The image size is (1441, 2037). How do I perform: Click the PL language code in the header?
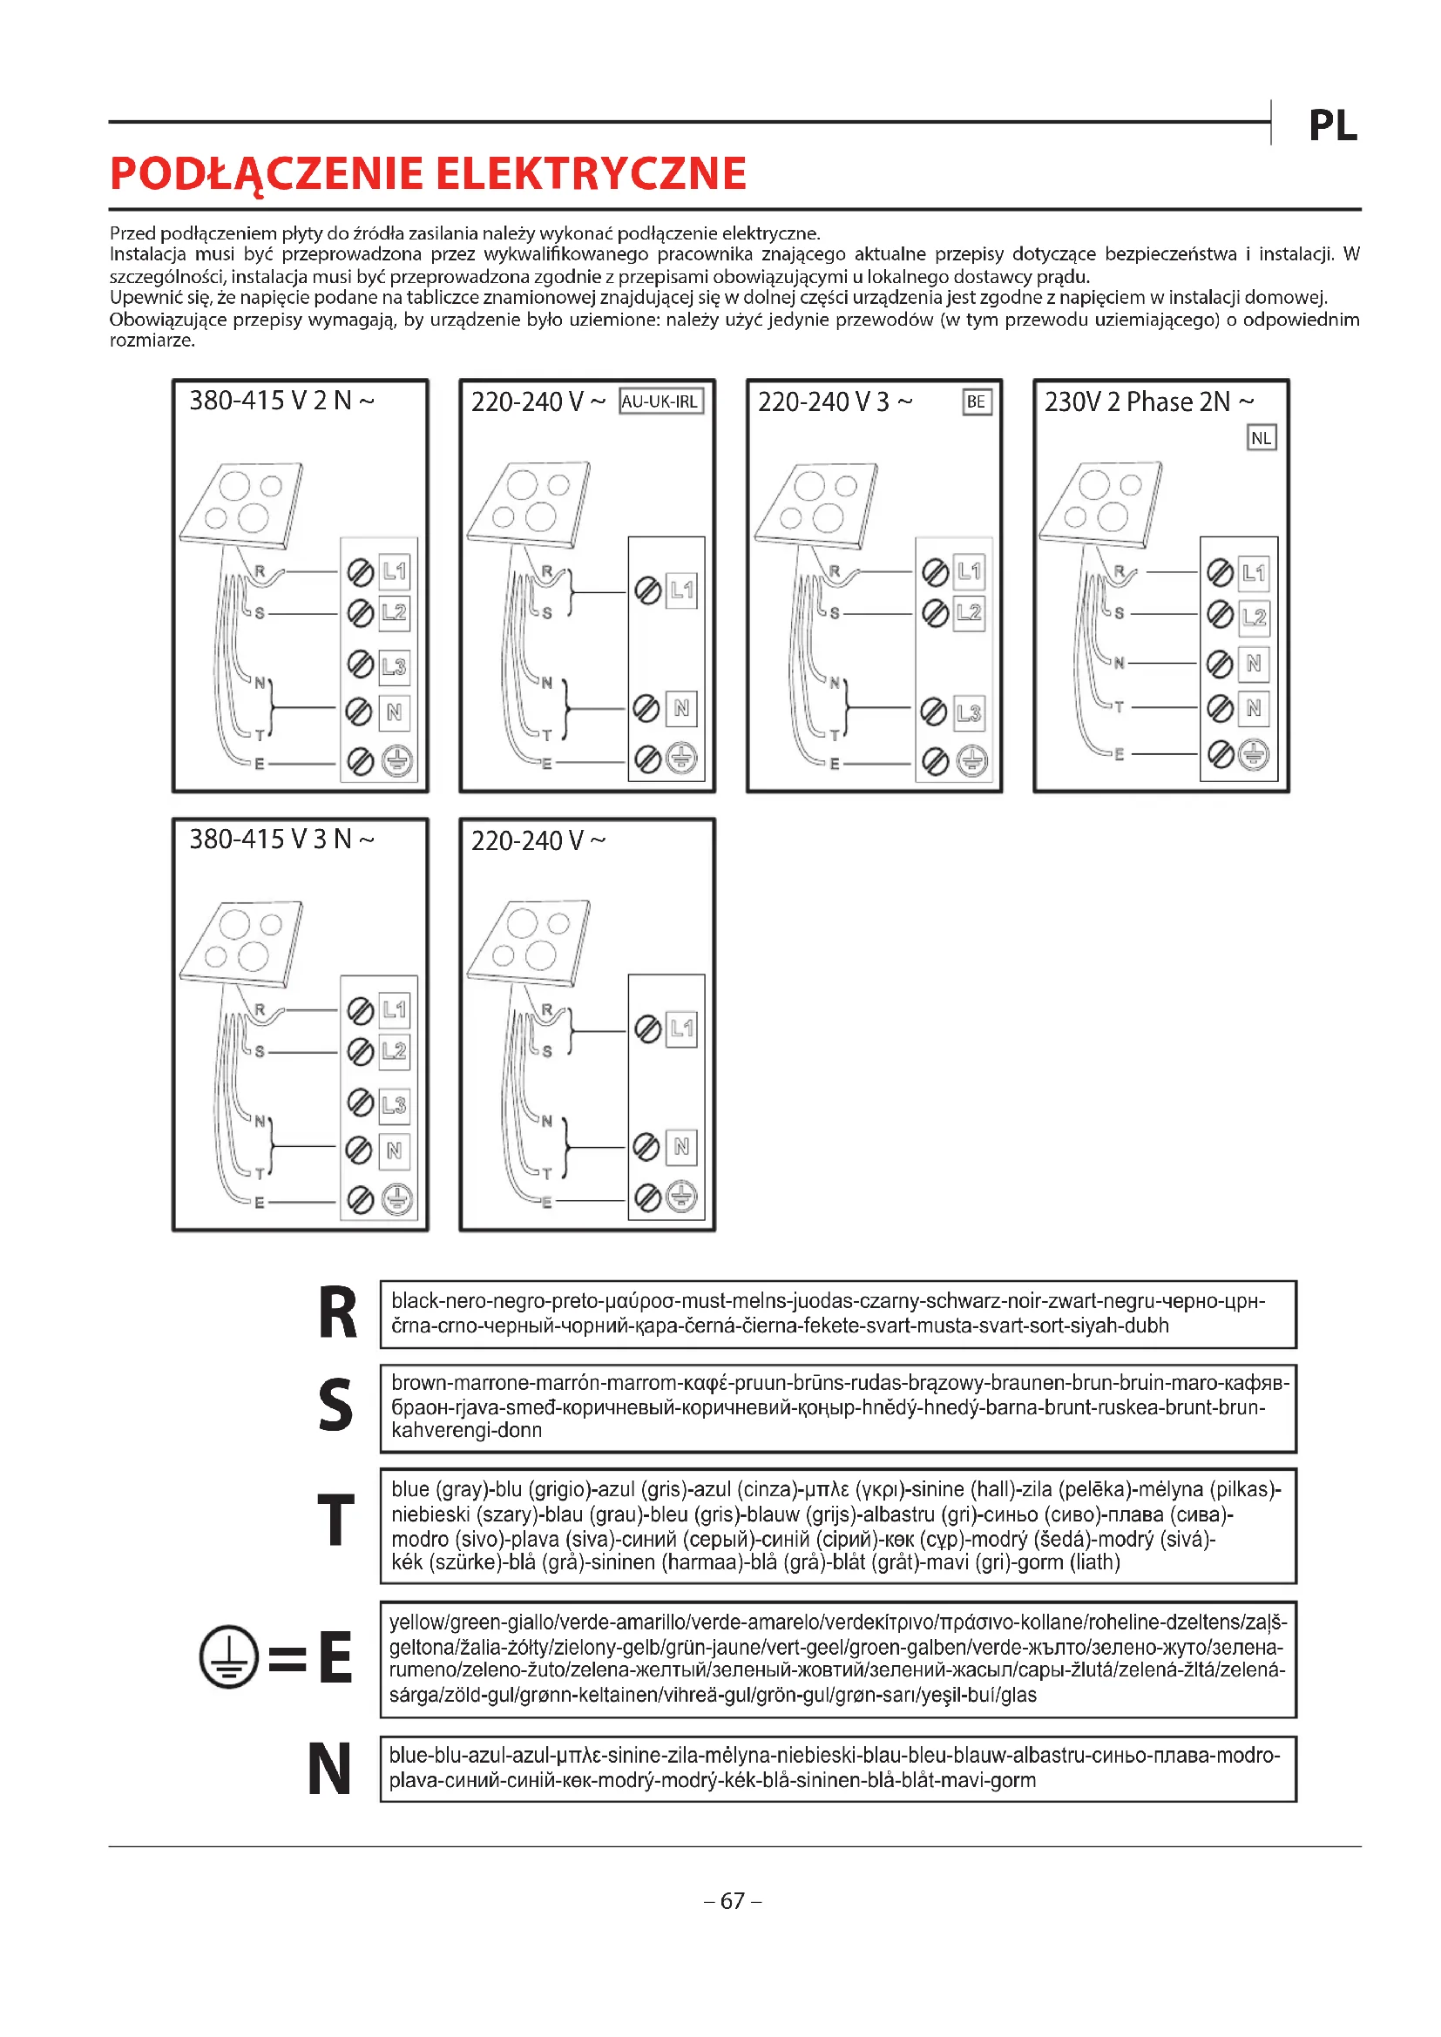point(1333,126)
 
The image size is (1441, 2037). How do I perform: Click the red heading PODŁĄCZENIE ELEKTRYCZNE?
point(428,174)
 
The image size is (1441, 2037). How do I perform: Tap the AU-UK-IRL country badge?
point(660,401)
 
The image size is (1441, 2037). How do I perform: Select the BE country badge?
point(976,401)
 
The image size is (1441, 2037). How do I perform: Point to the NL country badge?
point(1261,438)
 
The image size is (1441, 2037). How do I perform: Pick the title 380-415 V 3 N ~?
point(281,840)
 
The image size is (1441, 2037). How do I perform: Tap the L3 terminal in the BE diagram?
point(969,712)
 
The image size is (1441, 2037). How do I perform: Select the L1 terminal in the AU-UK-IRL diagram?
point(681,590)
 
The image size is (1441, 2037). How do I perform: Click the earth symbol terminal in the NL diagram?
point(1253,755)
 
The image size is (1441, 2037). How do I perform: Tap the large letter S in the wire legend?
point(335,1406)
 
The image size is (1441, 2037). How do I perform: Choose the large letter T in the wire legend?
point(336,1521)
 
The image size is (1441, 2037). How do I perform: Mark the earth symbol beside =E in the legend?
point(229,1657)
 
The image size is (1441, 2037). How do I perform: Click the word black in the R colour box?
point(416,1301)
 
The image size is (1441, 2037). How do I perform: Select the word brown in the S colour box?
point(419,1383)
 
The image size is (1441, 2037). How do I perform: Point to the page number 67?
point(732,1901)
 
